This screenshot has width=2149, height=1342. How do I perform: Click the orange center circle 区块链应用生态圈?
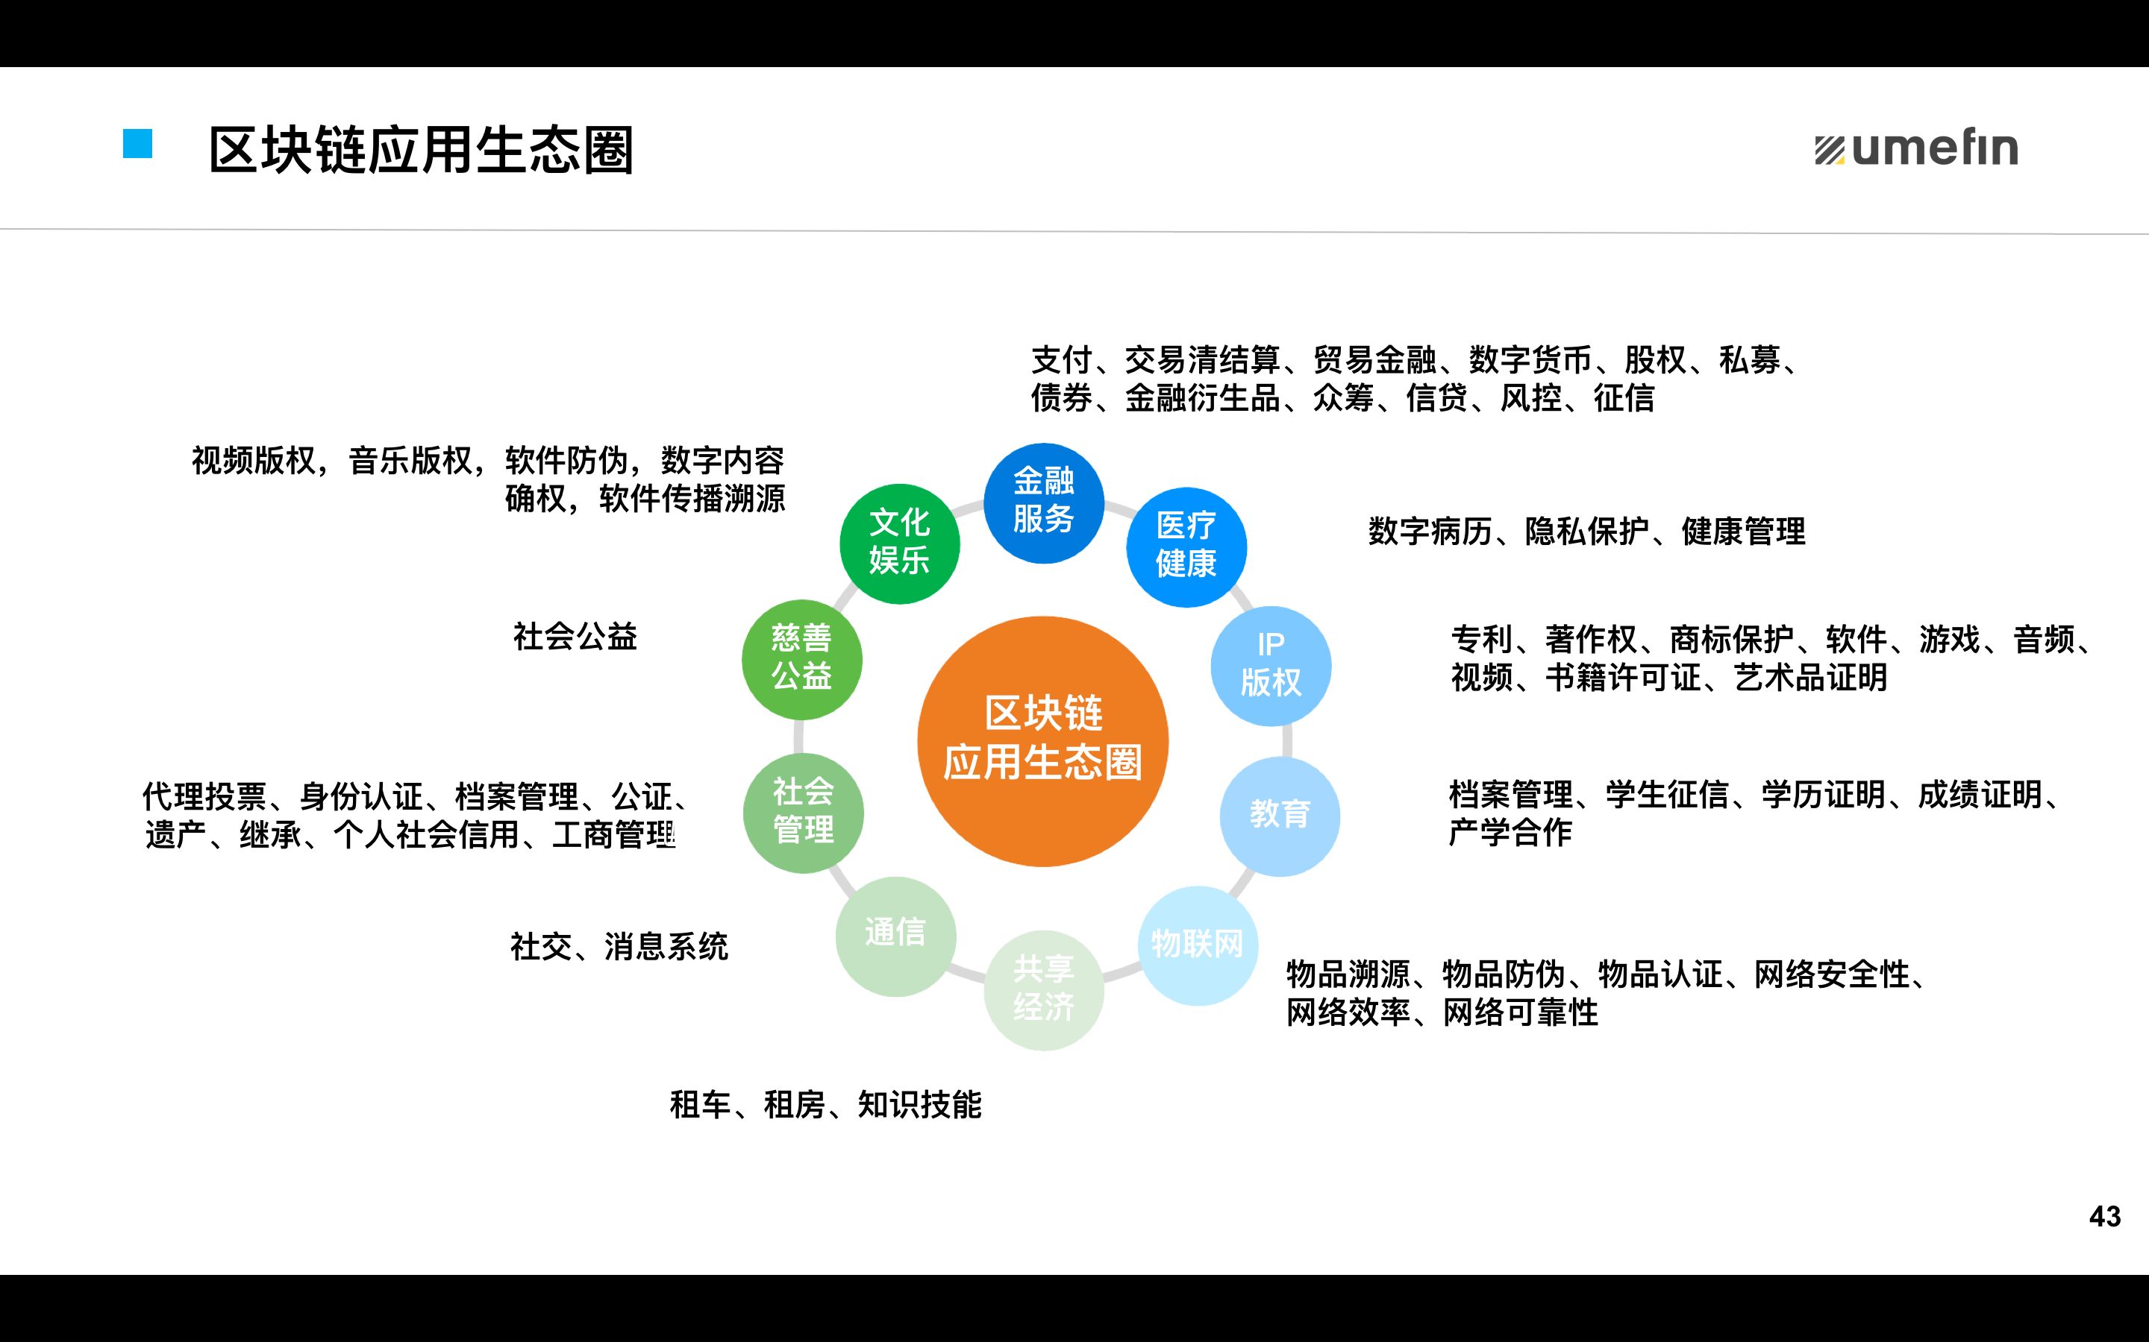click(1042, 741)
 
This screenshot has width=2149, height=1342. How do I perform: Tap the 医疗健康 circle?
click(1186, 546)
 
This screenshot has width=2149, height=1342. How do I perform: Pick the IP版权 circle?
click(1271, 666)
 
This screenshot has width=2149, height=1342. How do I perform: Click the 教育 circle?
click(1280, 816)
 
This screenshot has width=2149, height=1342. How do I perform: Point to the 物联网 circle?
click(1198, 945)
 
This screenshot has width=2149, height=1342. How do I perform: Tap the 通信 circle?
click(895, 936)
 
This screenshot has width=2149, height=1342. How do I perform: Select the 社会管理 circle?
click(803, 812)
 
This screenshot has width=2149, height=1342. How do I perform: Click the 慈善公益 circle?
click(802, 658)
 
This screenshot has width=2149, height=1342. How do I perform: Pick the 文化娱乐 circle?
click(900, 544)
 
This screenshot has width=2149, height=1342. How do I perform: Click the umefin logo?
click(1916, 148)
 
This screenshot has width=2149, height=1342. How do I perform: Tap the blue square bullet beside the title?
click(137, 144)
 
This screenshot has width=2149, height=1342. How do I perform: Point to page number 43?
click(2104, 1216)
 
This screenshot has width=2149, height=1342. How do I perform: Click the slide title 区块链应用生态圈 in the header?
click(421, 149)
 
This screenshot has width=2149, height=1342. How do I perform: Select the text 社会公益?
click(575, 637)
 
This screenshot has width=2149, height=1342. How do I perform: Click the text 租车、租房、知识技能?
click(825, 1105)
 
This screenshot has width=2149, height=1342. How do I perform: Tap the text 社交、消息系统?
click(619, 947)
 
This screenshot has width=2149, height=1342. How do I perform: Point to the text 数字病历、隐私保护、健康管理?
click(1586, 532)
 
